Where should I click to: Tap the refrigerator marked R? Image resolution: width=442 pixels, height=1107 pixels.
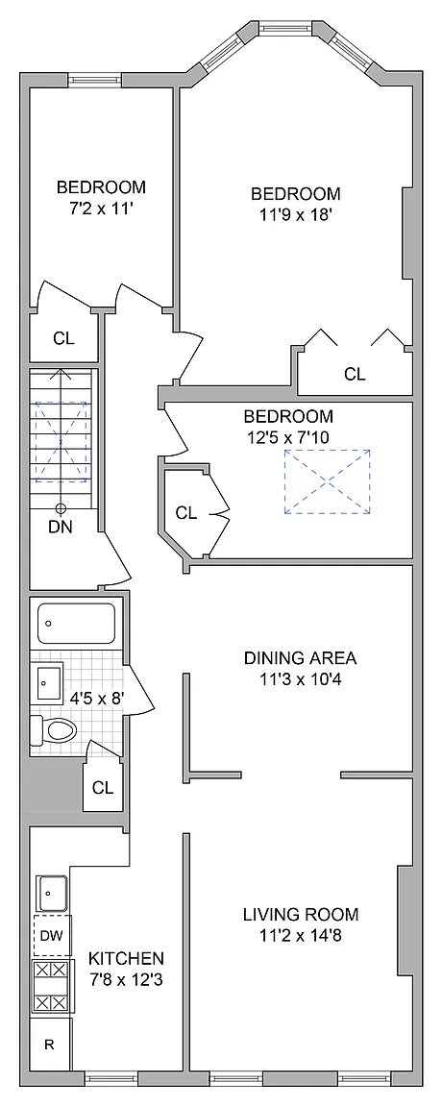point(50,1045)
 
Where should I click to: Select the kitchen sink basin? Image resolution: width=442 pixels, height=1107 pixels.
point(51,893)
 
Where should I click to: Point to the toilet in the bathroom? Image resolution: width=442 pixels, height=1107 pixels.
point(53,730)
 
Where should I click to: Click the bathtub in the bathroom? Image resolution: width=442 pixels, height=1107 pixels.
point(76,624)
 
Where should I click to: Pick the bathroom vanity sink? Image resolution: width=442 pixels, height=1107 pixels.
point(49,682)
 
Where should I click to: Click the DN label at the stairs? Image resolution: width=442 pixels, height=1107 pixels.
point(61,526)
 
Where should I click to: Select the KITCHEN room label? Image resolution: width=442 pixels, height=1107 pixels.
point(127,958)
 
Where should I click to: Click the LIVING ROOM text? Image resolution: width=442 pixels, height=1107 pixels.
point(301,915)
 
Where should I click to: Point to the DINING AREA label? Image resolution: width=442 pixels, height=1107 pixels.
point(300,658)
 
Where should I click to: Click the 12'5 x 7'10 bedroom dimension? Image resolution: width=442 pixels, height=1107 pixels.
point(288,435)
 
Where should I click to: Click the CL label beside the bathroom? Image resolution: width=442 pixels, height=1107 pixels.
point(103,788)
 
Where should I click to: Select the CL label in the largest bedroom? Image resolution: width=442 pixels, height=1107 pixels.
point(356,374)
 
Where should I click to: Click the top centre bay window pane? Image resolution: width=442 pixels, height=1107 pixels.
point(287,29)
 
